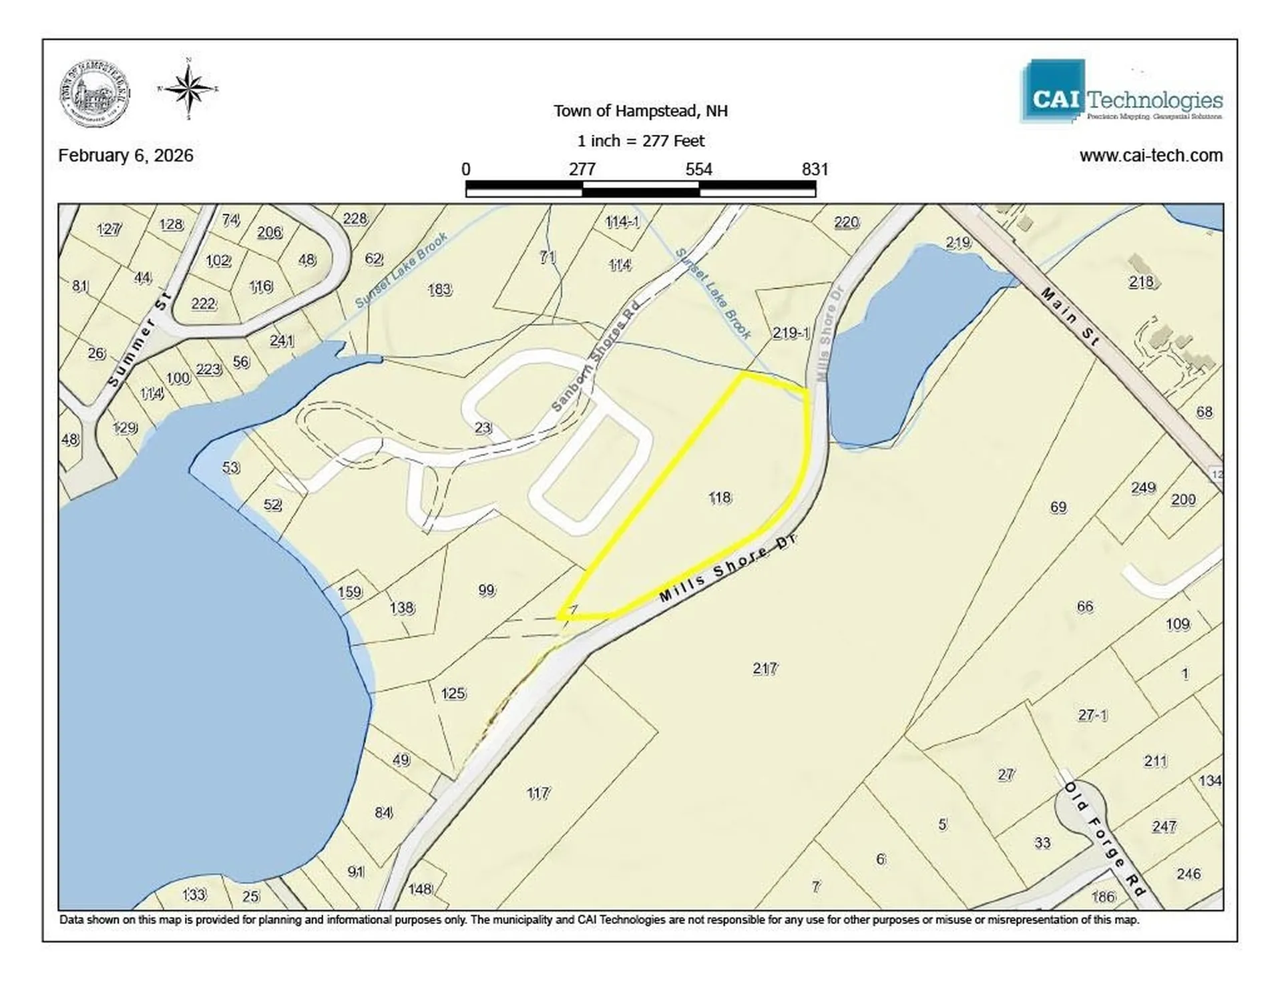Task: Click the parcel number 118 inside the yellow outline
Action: point(720,497)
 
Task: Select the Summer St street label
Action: point(140,339)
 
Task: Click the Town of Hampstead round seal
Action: point(95,93)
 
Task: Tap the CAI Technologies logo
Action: point(1121,93)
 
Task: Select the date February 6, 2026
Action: point(126,156)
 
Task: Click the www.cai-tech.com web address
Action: point(1150,156)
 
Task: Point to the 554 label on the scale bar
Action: point(698,169)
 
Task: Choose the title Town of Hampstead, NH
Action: point(640,111)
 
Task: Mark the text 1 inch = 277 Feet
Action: point(640,141)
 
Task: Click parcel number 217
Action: point(765,668)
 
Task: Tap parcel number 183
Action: point(439,290)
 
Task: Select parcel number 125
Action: point(453,694)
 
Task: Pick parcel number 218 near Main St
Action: point(1141,282)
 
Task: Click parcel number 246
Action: point(1189,874)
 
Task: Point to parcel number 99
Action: point(487,590)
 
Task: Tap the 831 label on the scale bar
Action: point(815,169)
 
